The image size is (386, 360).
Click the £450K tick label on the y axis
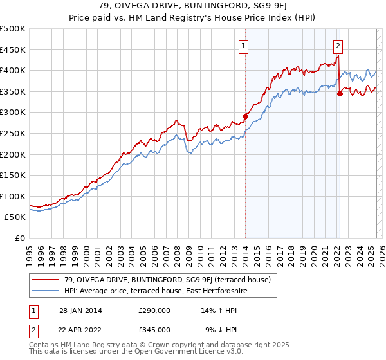(x=13, y=50)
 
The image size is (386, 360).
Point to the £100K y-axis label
(x=13, y=196)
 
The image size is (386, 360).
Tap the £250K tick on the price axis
(x=13, y=133)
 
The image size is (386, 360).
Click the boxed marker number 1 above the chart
(x=245, y=46)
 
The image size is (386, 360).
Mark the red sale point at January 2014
(x=245, y=116)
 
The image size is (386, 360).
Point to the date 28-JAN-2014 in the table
(x=80, y=310)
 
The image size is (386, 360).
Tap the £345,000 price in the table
(x=154, y=329)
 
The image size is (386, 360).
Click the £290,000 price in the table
(x=154, y=310)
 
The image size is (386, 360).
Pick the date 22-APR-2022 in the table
(x=80, y=329)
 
